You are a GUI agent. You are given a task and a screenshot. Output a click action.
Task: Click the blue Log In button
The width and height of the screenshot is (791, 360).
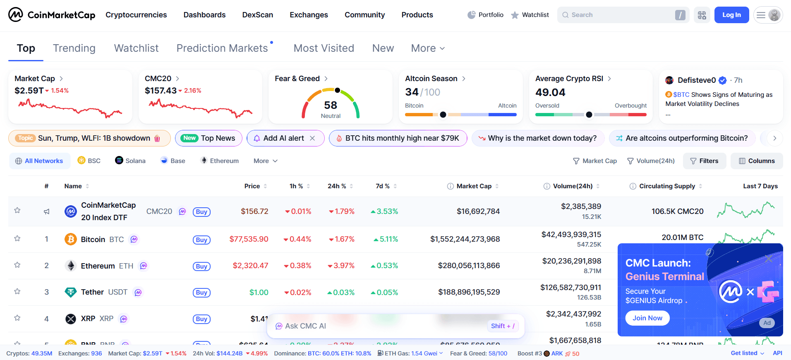pyautogui.click(x=731, y=15)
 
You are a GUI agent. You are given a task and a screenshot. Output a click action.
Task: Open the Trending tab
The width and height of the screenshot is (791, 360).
pyautogui.click(x=74, y=48)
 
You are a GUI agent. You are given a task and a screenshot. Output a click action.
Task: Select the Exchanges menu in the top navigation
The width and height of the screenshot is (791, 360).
pyautogui.click(x=309, y=15)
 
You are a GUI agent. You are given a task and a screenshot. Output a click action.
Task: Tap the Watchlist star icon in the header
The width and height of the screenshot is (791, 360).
pyautogui.click(x=515, y=15)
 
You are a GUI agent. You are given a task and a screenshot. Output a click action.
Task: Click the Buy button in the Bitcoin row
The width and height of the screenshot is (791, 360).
pyautogui.click(x=201, y=240)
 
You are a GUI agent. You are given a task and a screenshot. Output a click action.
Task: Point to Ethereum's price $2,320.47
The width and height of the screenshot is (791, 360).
pyautogui.click(x=250, y=266)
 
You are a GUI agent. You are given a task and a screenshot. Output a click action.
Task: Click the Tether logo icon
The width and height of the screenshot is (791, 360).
pyautogui.click(x=71, y=292)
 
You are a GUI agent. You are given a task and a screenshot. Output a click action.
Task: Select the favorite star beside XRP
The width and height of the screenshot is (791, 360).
pyautogui.click(x=17, y=318)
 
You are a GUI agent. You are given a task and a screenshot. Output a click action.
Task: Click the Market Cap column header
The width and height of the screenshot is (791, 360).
pyautogui.click(x=474, y=186)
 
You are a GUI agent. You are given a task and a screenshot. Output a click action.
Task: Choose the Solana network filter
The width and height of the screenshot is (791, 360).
pyautogui.click(x=130, y=161)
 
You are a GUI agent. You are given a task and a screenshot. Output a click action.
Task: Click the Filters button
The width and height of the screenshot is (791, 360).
pyautogui.click(x=704, y=161)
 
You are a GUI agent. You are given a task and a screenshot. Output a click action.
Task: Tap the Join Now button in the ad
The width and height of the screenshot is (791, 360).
pyautogui.click(x=647, y=318)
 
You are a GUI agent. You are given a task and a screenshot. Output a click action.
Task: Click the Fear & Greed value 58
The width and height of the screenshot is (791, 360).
pyautogui.click(x=331, y=105)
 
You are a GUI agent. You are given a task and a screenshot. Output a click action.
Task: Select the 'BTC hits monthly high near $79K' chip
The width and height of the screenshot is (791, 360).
pyautogui.click(x=398, y=138)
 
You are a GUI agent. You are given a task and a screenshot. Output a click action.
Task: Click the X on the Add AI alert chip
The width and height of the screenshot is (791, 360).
pyautogui.click(x=312, y=138)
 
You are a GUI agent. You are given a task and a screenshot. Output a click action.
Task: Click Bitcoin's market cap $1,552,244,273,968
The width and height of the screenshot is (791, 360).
pyautogui.click(x=465, y=239)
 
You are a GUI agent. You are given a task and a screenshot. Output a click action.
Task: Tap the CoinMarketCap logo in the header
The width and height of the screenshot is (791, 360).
pyautogui.click(x=52, y=15)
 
